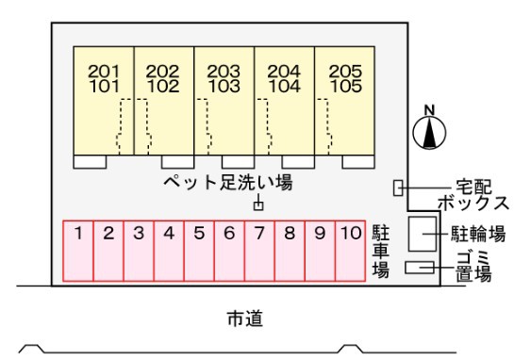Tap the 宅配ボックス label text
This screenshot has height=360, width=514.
pyautogui.click(x=473, y=195)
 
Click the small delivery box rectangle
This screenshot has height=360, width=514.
pyautogui.click(x=398, y=188)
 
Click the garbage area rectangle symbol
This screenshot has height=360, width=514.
pyautogui.click(x=417, y=268)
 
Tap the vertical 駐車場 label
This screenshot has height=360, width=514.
pyautogui.click(x=380, y=250)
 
